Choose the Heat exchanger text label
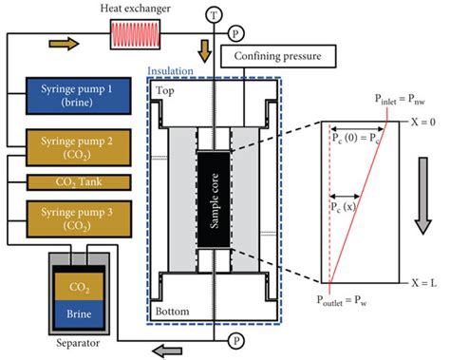137,9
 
